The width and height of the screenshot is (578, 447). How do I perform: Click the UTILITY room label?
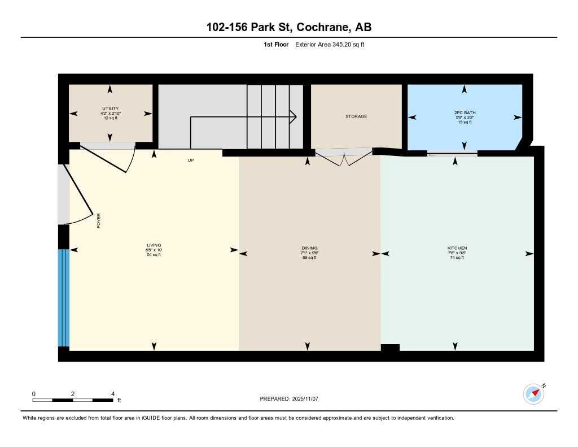coord(110,109)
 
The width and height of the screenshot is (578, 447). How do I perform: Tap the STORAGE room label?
coord(356,116)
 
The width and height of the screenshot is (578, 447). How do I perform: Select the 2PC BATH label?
coord(465,113)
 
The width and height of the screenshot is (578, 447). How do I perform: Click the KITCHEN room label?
coord(457,248)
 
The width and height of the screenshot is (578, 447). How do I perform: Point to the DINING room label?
coord(309,248)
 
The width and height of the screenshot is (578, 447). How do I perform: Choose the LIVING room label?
coord(154,245)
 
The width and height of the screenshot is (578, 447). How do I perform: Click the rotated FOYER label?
coord(99,220)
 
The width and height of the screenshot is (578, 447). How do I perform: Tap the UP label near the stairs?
coord(191,160)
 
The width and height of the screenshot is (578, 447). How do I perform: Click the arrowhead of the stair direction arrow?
coord(294,116)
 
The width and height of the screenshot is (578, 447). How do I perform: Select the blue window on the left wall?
coord(63,297)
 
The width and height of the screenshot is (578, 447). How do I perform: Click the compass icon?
coord(533,394)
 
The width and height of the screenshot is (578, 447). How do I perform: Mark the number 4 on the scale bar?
coord(113,394)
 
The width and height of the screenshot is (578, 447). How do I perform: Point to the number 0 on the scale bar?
coord(34,394)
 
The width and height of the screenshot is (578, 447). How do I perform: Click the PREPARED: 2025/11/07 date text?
coord(289,399)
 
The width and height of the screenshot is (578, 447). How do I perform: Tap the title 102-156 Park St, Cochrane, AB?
coord(288,27)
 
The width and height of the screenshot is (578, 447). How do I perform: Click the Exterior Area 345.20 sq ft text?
coord(330,45)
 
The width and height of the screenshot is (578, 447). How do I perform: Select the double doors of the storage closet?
coord(343,157)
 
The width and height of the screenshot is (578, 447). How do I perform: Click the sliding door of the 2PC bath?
coord(452,154)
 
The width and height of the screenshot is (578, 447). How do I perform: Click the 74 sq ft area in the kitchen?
coord(457,258)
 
